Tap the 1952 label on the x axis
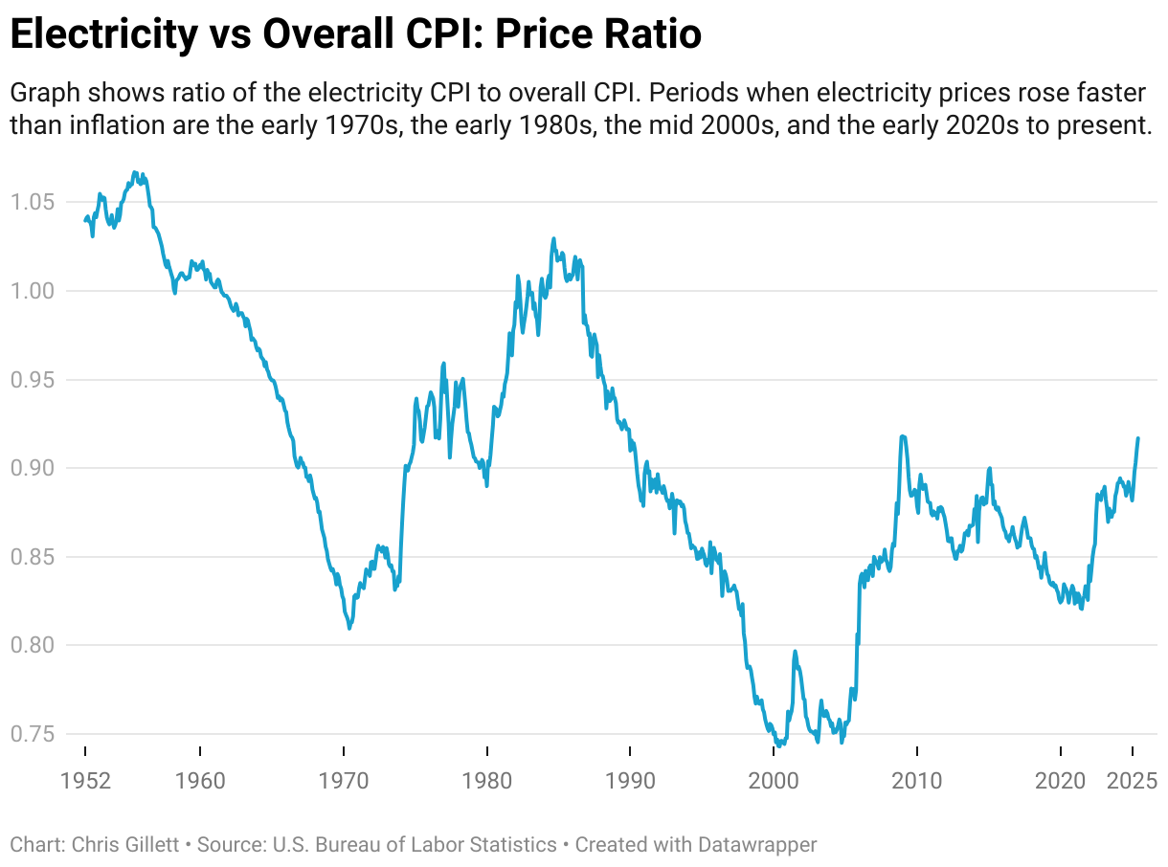click(85, 780)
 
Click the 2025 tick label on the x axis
click(1134, 780)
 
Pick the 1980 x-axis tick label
click(487, 780)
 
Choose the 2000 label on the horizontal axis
click(774, 780)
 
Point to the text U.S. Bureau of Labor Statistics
click(416, 845)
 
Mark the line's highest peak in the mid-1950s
click(135, 172)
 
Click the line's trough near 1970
click(349, 628)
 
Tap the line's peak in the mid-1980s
click(553, 238)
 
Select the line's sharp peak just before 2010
click(903, 436)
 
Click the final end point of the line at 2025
click(1138, 438)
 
